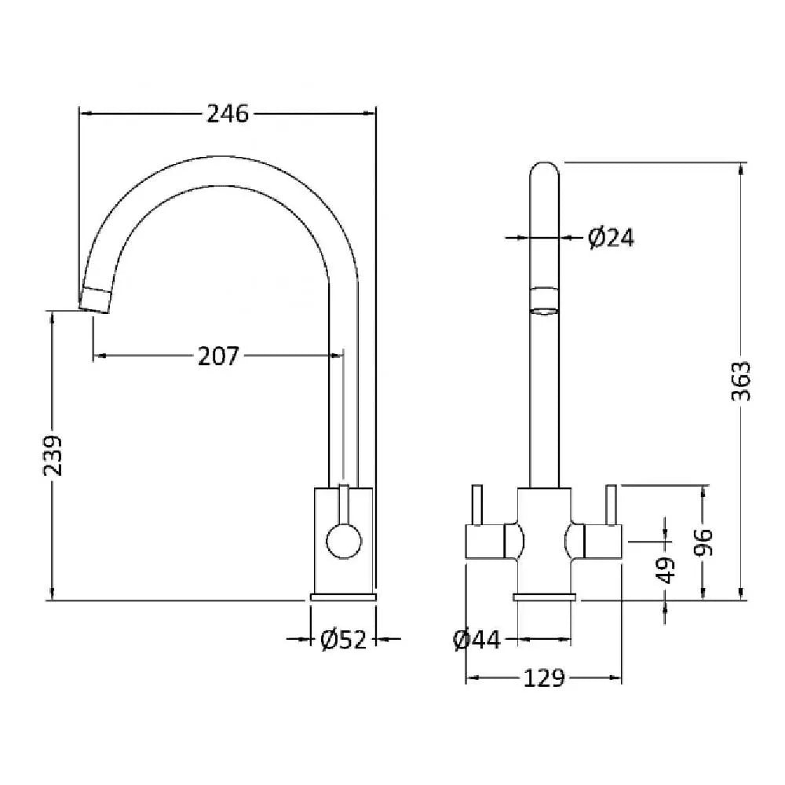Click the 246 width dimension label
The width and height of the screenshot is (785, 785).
click(x=228, y=114)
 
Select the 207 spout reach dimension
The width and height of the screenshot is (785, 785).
click(x=219, y=356)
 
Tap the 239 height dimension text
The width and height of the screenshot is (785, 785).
click(x=53, y=455)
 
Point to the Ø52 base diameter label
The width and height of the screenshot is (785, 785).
click(x=344, y=639)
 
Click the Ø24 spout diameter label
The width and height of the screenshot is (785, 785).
click(x=611, y=238)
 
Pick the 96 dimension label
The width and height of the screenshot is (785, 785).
click(x=703, y=542)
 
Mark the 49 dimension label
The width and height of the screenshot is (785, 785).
click(x=666, y=570)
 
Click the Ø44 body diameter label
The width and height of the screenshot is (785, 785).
click(x=476, y=639)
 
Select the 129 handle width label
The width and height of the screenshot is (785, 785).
click(x=544, y=678)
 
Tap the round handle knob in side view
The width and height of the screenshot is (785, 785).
click(x=344, y=541)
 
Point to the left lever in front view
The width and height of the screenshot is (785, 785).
click(x=477, y=505)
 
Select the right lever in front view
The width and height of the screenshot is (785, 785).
click(x=612, y=505)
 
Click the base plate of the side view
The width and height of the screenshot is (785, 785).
click(x=343, y=597)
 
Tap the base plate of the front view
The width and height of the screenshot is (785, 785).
click(x=545, y=597)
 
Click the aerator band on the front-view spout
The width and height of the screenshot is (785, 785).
click(x=544, y=299)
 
